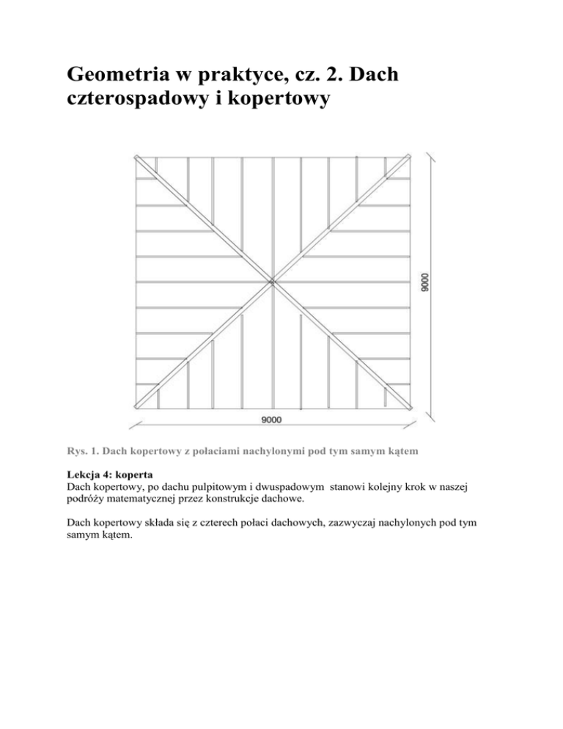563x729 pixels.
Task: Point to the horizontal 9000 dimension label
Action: tap(271, 420)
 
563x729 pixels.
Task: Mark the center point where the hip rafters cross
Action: tap(271, 281)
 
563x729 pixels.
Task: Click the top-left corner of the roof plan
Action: tap(136, 157)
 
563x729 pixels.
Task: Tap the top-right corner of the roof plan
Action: tap(408, 156)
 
